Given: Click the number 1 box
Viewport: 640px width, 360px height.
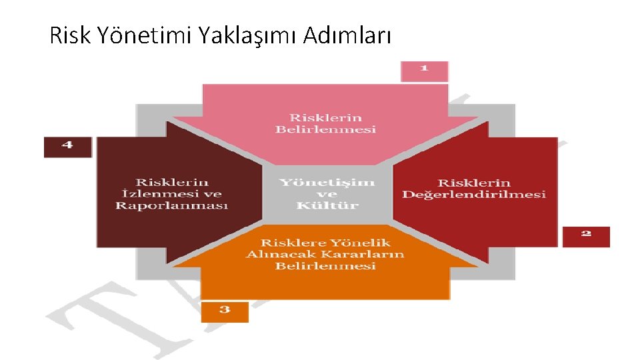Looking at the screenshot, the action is [424, 70].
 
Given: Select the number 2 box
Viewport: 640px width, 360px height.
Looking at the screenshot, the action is [585, 235].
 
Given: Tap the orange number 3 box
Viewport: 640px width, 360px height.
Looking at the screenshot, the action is [225, 311].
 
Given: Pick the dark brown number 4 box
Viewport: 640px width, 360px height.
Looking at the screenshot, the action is [67, 146].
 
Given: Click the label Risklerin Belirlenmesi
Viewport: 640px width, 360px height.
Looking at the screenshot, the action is [325, 123].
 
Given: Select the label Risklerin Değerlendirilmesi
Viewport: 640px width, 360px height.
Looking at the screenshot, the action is [473, 188].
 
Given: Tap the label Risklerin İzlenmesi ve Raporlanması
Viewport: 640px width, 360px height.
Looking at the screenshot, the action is [172, 193].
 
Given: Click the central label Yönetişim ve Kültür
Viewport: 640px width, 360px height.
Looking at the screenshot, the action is [327, 193].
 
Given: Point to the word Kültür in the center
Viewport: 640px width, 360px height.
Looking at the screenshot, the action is [327, 205].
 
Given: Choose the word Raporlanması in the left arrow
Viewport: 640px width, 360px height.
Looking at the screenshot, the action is [172, 205].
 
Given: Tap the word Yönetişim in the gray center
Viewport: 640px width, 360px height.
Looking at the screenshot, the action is [327, 182].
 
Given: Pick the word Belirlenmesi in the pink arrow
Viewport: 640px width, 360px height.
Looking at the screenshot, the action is [325, 129].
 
